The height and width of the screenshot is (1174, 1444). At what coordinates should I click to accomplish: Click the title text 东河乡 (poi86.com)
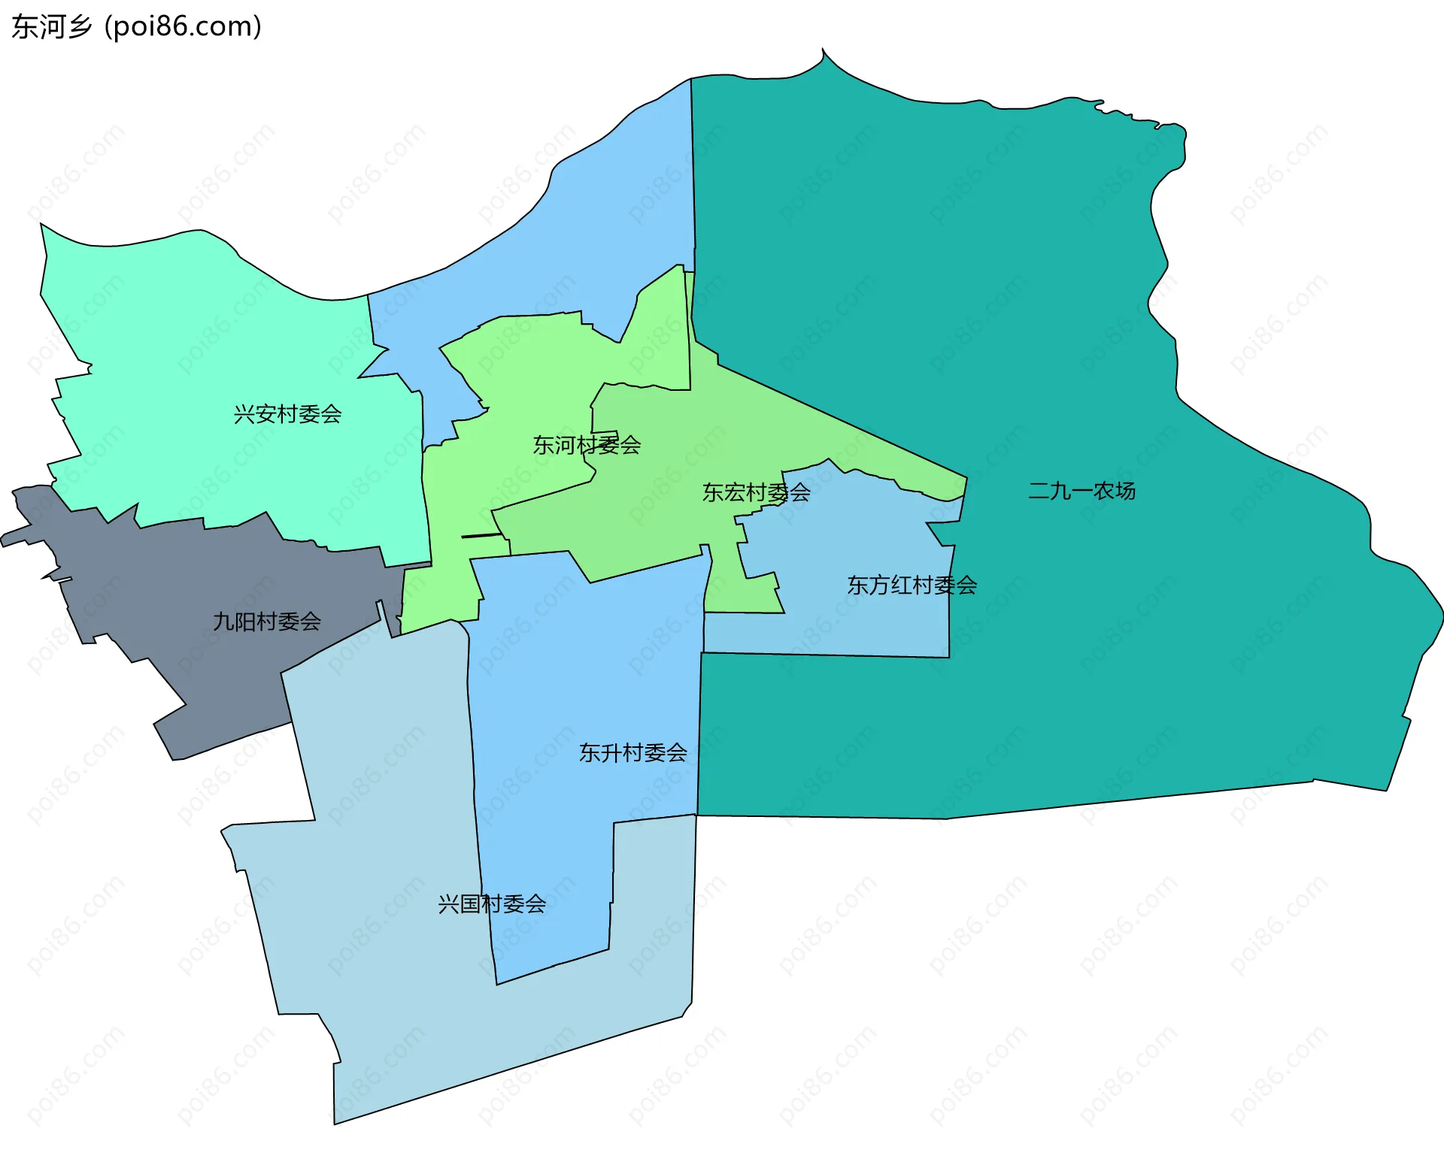pos(136,27)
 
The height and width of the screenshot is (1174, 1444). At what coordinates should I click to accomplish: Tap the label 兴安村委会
pos(287,414)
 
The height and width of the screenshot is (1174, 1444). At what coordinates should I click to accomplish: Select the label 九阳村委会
pos(267,622)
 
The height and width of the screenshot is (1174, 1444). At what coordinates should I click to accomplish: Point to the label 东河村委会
pos(587,445)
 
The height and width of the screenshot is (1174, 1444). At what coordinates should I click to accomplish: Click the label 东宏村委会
pos(756,492)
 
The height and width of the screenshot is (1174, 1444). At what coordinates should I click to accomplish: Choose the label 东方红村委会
pos(912,585)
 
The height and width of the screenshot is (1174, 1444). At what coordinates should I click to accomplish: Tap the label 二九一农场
pos(1081,491)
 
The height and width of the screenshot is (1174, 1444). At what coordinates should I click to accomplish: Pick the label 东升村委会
pos(633,752)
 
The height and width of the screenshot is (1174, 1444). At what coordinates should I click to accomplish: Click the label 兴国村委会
pos(492,903)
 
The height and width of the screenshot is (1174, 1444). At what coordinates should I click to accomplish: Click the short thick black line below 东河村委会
pos(481,536)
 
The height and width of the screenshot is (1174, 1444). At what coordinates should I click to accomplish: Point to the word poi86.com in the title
pos(183,27)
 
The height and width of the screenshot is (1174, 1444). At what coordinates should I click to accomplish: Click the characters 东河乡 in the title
pos(51,27)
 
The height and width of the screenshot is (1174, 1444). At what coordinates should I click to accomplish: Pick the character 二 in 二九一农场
pos(1039,492)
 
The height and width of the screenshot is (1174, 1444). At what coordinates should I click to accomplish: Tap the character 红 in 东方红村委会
pos(901,585)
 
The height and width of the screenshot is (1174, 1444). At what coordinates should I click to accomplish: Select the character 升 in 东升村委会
pos(611,752)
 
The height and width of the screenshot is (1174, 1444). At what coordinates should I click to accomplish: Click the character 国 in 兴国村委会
pos(470,903)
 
